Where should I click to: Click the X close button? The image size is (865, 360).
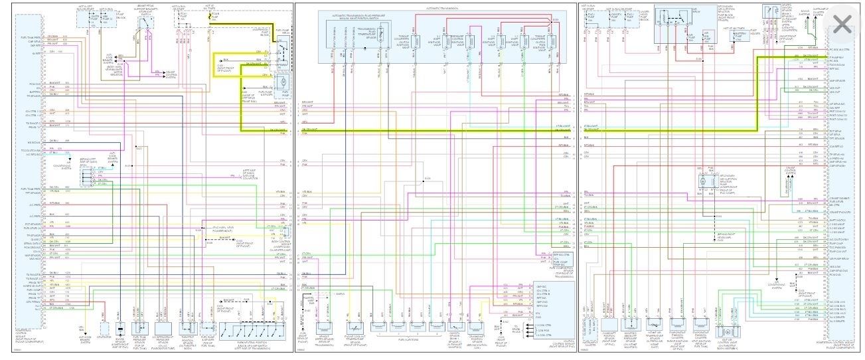point(842,25)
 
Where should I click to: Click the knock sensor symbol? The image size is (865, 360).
point(121,329)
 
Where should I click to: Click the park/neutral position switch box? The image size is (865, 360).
point(256,329)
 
